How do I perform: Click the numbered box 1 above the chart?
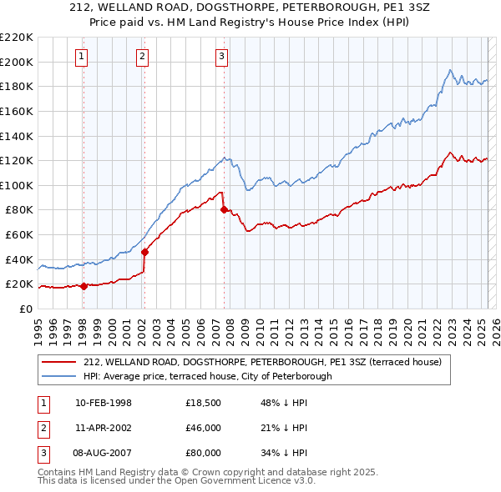tap(82, 57)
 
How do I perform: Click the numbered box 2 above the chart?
tap(143, 57)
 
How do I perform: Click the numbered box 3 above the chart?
tap(221, 57)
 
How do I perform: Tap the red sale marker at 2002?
tap(144, 252)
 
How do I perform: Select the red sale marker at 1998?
tap(83, 286)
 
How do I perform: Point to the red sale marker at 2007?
tap(224, 210)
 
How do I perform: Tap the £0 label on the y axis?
tap(27, 309)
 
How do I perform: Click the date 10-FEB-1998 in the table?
tap(103, 404)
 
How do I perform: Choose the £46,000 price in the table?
tap(203, 428)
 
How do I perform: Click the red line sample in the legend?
tap(58, 362)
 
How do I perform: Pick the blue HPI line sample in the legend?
tap(58, 376)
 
